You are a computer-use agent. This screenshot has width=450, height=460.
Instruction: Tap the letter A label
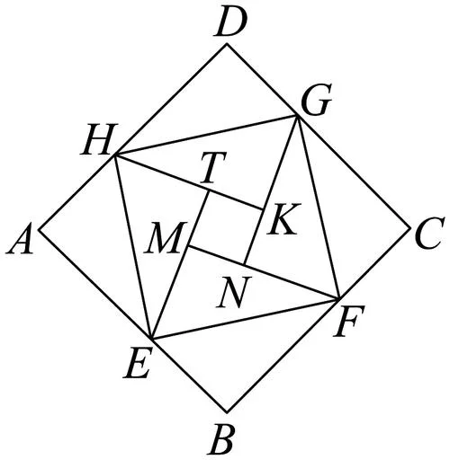pos(20,240)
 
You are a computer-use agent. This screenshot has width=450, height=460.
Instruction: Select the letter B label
pos(221,441)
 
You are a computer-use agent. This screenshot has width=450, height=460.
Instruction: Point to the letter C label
pos(428,234)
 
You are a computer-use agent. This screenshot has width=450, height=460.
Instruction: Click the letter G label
pos(317,102)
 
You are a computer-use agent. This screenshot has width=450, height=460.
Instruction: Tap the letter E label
pos(137,364)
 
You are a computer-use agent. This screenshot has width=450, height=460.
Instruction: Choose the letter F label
pos(349,321)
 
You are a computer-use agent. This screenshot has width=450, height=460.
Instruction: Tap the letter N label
pos(234,292)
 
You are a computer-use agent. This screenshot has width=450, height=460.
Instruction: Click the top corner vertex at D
pos(227,44)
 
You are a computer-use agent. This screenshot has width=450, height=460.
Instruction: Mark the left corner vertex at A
pos(39,230)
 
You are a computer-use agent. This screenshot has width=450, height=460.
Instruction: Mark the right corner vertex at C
pos(410,228)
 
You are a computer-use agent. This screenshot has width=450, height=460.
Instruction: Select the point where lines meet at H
pos(115,155)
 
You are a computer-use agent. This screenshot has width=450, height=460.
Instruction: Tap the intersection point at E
pos(153,340)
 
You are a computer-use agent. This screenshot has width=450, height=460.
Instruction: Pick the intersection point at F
pos(339,298)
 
